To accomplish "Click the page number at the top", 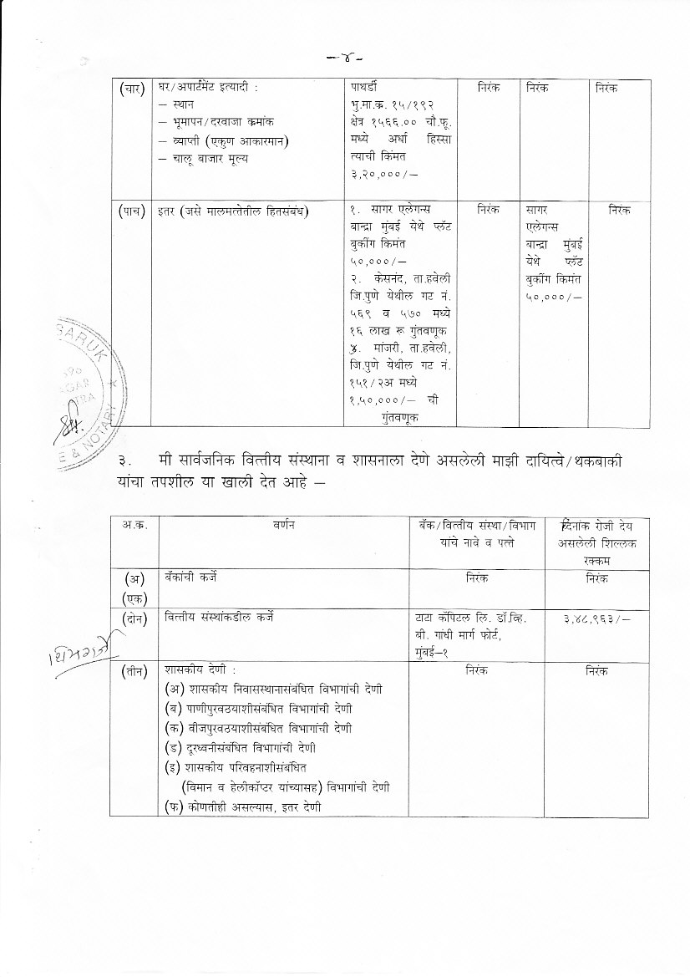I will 344,59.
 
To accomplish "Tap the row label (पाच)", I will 133,211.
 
